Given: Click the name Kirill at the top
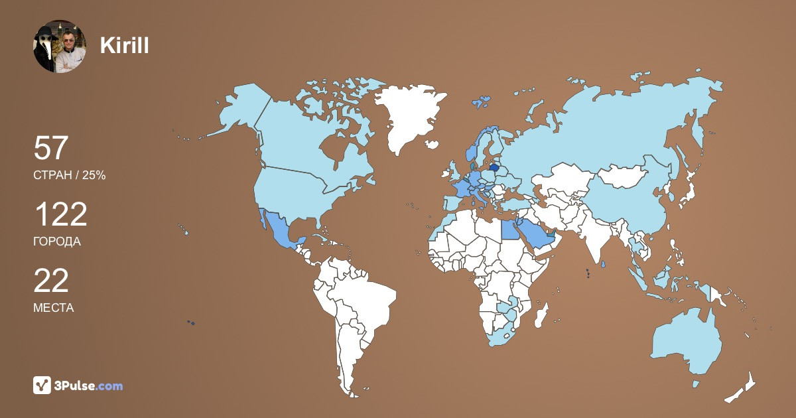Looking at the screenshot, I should (124, 45).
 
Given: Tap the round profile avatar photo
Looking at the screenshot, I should (60, 46).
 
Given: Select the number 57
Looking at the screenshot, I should (51, 148).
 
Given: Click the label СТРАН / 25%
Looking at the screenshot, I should (70, 175).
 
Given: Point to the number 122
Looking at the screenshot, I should (60, 214).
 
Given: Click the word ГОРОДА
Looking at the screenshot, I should (57, 242).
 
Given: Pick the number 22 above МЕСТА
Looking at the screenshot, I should (51, 281).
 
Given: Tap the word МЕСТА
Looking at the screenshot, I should (54, 308).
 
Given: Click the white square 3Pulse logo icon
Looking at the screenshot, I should (42, 385).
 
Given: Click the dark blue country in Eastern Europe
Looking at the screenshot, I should (495, 169).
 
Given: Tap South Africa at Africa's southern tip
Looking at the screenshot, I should (502, 335).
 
